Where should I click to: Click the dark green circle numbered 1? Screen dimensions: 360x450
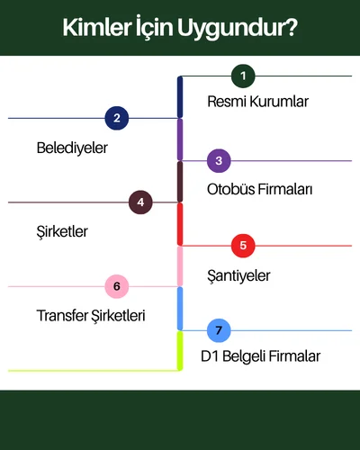(243, 76)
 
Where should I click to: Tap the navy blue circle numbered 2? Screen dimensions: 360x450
(117, 118)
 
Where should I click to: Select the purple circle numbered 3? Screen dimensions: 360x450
(219, 161)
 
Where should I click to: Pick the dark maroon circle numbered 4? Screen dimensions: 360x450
(140, 202)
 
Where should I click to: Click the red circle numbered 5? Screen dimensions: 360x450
(243, 246)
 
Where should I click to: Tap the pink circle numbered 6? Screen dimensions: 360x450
(117, 286)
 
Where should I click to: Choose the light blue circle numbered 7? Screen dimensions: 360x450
(219, 330)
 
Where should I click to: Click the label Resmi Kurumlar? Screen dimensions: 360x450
(257, 102)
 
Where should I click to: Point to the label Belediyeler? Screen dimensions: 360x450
(72, 148)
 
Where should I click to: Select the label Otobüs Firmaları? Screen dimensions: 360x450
(259, 189)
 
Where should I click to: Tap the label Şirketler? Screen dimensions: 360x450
(62, 231)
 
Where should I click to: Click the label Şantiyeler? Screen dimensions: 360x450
(238, 275)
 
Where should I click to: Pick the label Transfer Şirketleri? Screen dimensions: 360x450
(91, 316)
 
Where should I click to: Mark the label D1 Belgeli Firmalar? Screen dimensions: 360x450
(260, 356)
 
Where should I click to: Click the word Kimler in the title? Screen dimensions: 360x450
(96, 28)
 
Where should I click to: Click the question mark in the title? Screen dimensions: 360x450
(290, 27)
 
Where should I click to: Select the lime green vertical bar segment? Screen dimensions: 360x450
(180, 351)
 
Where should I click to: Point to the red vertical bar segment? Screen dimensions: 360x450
(180, 224)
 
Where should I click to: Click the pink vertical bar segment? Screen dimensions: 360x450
(180, 266)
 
